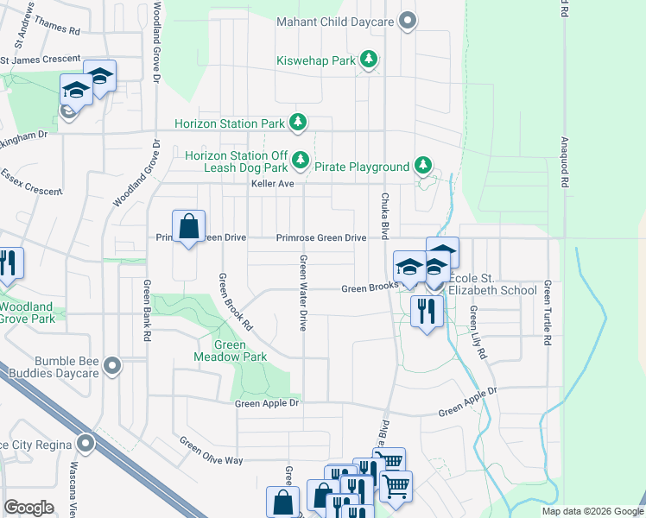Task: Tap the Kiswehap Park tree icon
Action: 370,60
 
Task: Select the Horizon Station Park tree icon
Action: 298,123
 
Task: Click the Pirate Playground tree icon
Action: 422,165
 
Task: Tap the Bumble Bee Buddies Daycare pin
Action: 111,367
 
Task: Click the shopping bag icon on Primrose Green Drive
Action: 189,228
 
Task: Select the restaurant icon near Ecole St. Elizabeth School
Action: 427,310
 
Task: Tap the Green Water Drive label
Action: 303,293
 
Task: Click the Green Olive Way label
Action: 211,451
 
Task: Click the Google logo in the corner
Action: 28,507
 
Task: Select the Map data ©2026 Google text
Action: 592,511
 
